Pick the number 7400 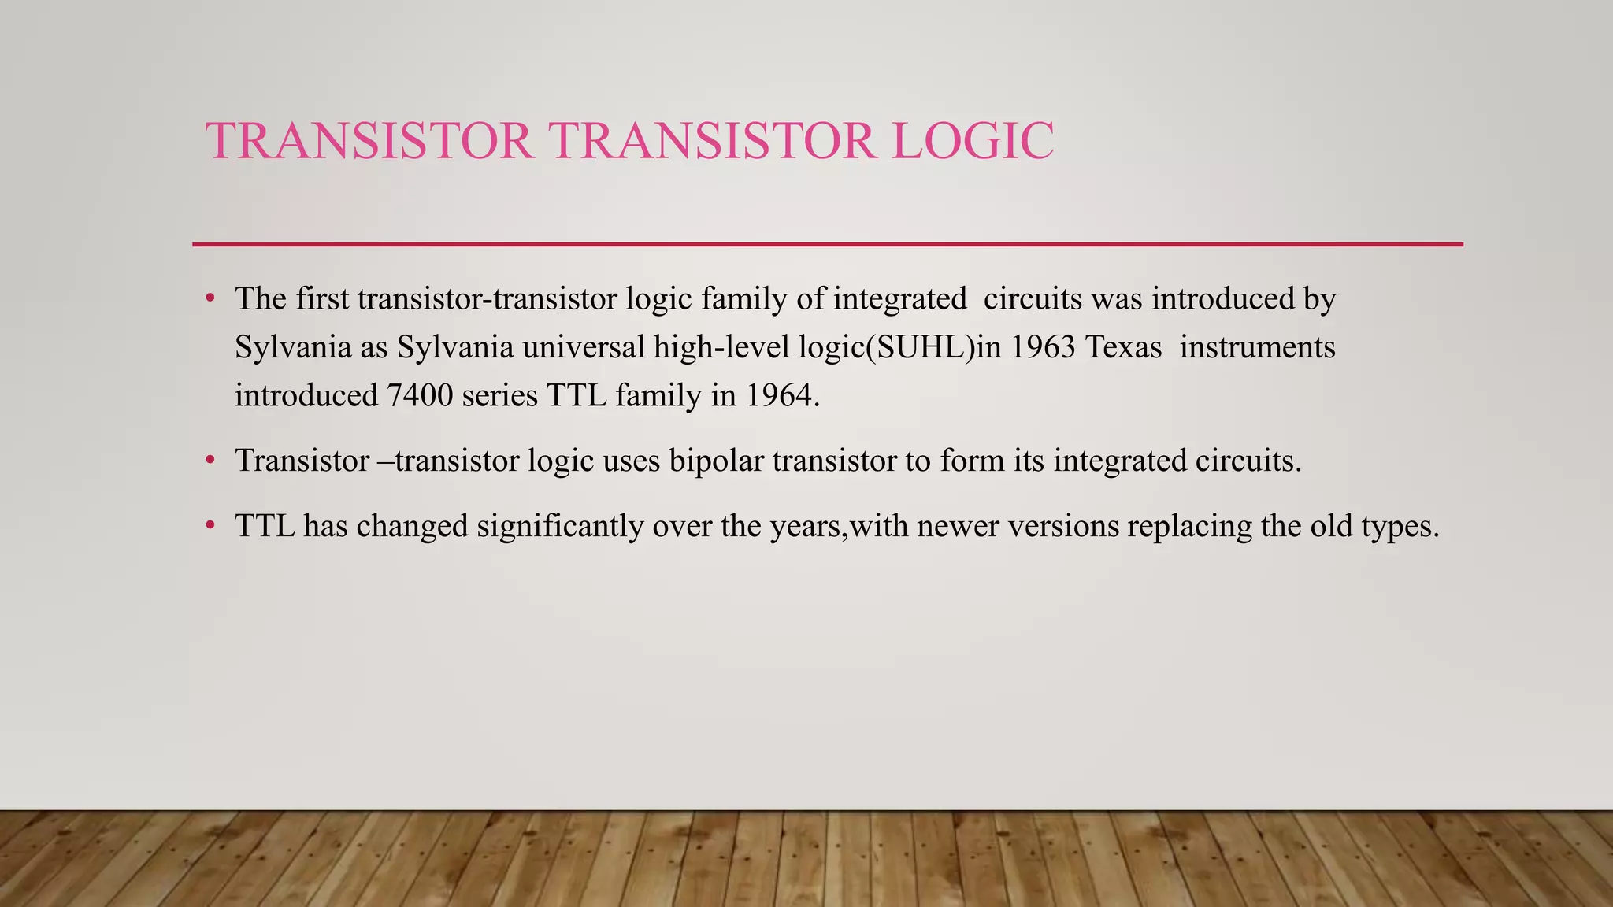point(420,395)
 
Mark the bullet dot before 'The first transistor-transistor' point(210,299)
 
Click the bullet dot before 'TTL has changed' point(210,526)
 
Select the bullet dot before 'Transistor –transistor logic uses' point(210,461)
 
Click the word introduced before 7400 point(306,395)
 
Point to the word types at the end point(1399,526)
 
